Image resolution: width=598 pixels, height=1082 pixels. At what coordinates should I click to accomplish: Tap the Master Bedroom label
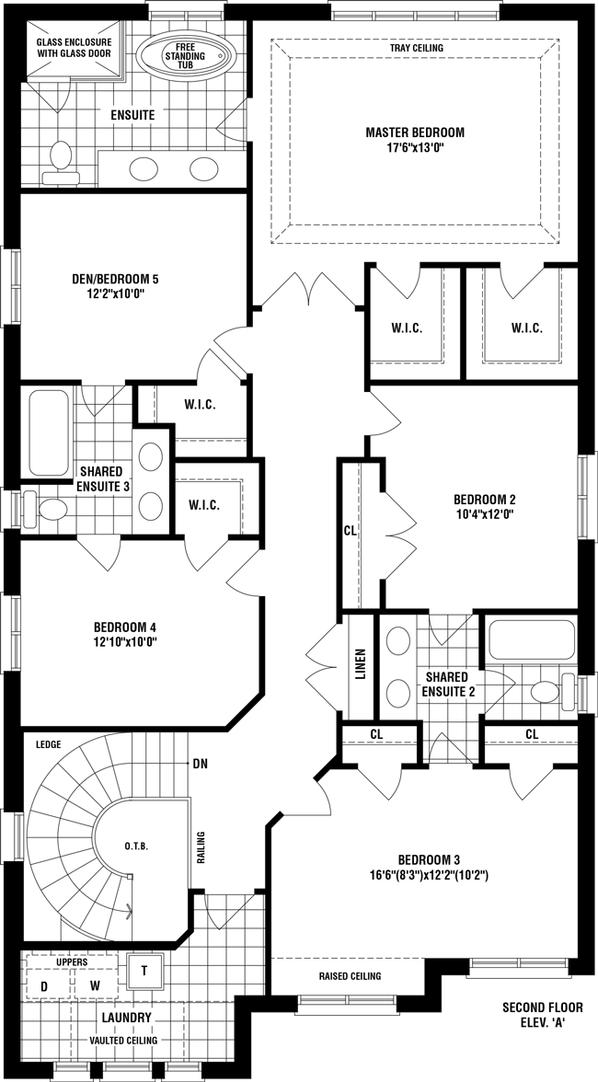coord(415,132)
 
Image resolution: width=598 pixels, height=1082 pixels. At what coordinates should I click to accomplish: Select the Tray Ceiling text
coord(417,48)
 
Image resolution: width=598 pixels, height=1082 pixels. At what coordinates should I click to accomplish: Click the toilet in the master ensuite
coord(61,163)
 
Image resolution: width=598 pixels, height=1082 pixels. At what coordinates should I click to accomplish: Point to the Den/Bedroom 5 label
coord(115,280)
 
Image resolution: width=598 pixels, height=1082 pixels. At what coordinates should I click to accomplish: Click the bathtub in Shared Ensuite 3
coord(48,432)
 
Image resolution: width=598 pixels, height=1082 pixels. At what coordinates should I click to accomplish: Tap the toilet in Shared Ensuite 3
coord(43,510)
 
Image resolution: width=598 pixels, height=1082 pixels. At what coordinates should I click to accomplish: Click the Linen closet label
coord(360,664)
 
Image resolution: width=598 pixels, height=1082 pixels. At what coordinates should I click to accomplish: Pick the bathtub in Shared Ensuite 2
coord(531,639)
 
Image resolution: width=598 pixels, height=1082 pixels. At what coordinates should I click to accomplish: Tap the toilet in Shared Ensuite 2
coord(556,692)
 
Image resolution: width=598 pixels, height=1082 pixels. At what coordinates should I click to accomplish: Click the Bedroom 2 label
coord(484,499)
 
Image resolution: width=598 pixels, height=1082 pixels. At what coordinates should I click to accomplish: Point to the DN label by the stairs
coord(200,764)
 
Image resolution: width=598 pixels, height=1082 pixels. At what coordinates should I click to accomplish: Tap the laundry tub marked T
coord(144,971)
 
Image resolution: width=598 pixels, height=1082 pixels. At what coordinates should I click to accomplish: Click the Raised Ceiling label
coord(350,976)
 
